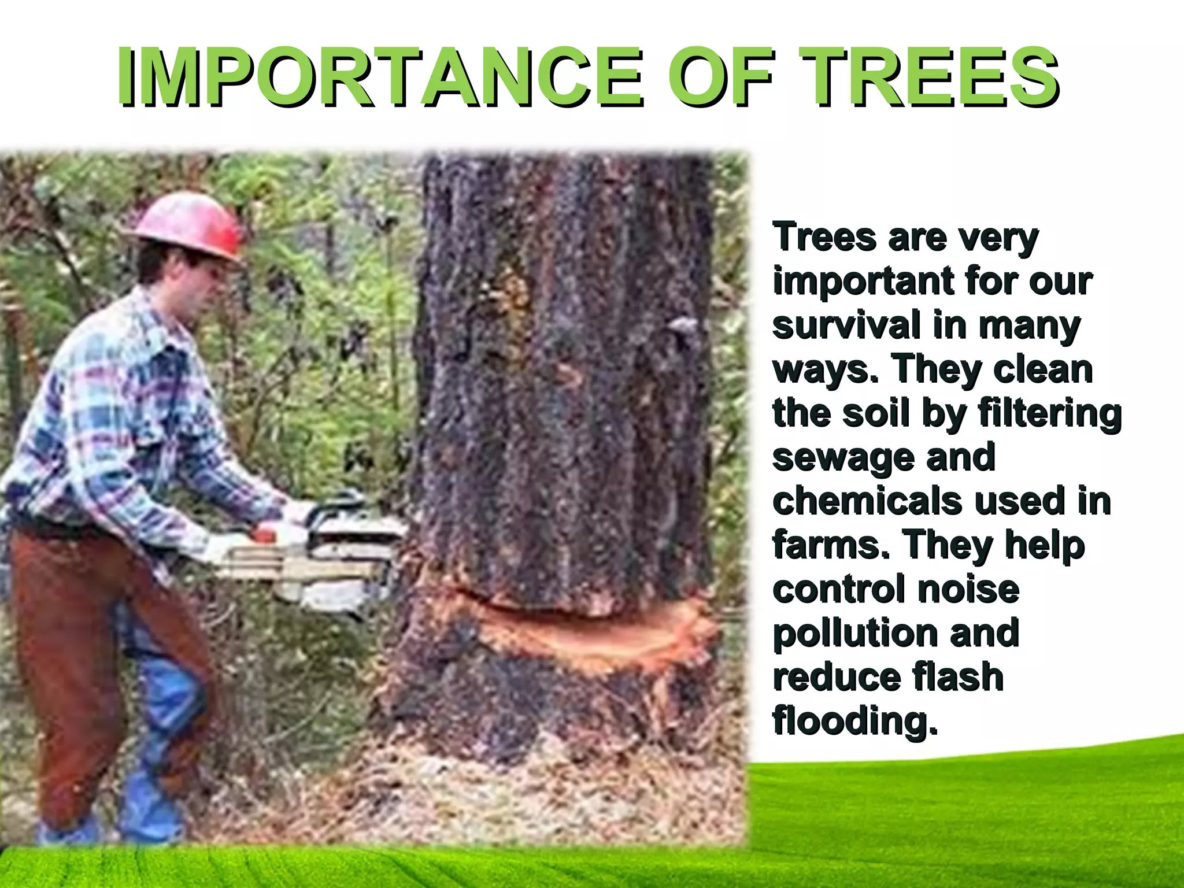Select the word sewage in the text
(841, 458)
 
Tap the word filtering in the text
(1049, 413)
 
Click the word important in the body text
(862, 281)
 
